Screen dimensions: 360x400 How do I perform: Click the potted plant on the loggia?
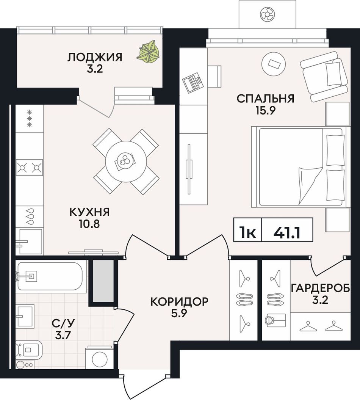pos(149,52)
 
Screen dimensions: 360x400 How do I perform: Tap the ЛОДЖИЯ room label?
pos(95,57)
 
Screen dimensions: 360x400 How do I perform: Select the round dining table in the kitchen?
pos(126,162)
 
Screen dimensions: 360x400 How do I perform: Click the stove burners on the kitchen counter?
pos(29,168)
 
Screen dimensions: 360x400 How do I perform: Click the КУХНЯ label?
pos(90,212)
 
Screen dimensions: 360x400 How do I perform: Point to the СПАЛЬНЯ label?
pos(265,99)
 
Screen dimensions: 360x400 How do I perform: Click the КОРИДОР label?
pos(180,301)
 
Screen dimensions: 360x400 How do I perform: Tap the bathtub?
pos(50,276)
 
